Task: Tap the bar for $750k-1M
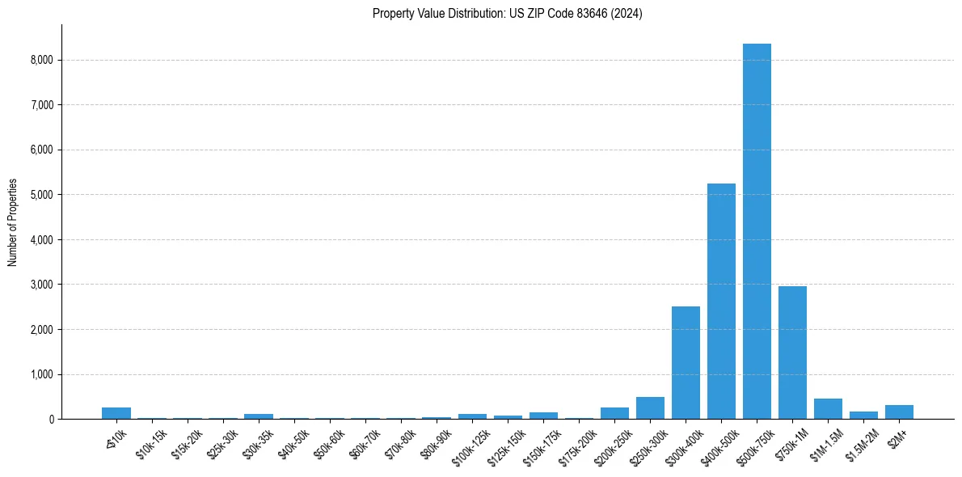coord(792,352)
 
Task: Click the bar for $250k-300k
coord(650,408)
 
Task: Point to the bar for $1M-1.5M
coord(828,409)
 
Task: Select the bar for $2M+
coord(899,412)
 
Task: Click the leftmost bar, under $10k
coord(116,413)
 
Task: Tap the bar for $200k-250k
coord(614,413)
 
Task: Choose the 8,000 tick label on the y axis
coord(41,60)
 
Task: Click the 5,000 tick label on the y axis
coord(41,195)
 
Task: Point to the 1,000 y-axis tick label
coord(41,374)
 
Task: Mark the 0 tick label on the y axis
coord(50,420)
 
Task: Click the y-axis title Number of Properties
coord(13,222)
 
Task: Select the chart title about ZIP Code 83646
coord(507,14)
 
